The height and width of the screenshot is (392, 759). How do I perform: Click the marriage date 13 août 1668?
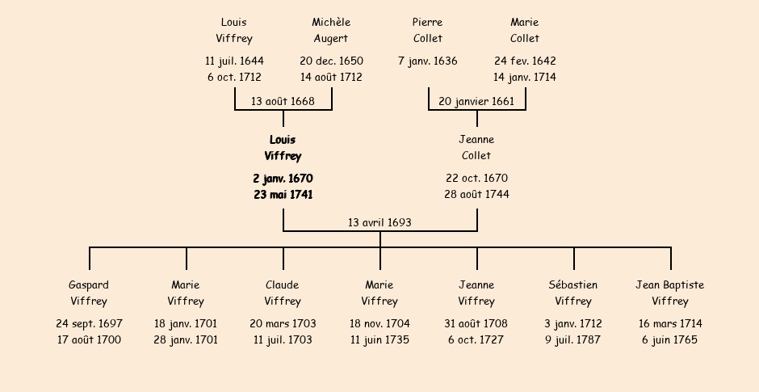click(x=283, y=101)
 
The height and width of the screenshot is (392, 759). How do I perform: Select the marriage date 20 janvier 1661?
click(x=476, y=101)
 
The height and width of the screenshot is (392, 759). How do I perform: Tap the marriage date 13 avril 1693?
click(x=379, y=222)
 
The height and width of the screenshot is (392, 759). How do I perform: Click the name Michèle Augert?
click(x=331, y=30)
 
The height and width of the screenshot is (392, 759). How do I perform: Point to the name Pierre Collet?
click(x=427, y=30)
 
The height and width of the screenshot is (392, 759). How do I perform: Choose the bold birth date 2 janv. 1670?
click(x=283, y=179)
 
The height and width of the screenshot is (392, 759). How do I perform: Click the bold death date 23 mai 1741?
click(x=283, y=195)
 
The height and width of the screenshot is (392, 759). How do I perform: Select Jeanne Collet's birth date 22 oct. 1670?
click(x=476, y=179)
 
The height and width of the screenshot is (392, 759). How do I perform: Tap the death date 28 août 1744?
click(x=476, y=194)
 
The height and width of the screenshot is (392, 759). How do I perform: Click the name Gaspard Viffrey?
click(x=89, y=293)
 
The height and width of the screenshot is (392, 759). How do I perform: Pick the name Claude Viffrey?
click(x=283, y=293)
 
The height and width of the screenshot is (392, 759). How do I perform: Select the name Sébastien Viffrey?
click(x=573, y=293)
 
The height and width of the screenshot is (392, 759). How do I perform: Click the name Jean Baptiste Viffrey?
click(x=670, y=293)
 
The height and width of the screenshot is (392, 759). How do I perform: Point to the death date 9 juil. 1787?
click(x=573, y=339)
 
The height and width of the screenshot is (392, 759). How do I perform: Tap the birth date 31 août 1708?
click(x=476, y=323)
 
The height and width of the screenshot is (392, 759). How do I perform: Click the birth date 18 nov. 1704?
click(x=379, y=323)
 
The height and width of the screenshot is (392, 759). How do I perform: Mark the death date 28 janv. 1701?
click(x=186, y=339)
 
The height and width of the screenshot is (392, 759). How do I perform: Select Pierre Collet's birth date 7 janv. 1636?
click(x=427, y=61)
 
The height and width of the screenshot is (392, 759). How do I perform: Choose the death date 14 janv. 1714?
click(x=525, y=77)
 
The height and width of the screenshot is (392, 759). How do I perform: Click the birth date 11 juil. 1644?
click(x=234, y=61)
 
